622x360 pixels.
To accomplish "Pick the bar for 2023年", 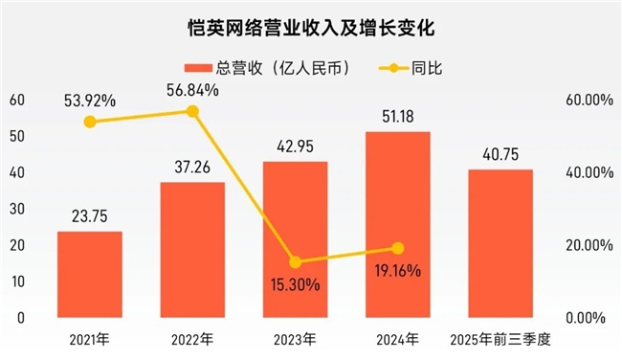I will point(295,239).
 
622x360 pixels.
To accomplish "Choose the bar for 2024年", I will point(398,224).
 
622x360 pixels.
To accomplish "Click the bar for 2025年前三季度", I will point(500,243).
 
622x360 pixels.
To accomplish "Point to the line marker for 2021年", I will point(89,122).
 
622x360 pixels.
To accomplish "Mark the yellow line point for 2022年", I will point(192,111).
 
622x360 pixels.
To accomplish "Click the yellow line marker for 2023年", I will point(295,261).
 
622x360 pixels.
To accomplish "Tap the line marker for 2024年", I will point(398,248).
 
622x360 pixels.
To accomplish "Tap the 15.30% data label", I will point(295,283).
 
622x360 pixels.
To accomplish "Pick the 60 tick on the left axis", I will point(17,100).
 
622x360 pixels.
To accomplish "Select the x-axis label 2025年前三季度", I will point(501,340).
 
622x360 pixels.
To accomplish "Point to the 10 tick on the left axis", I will point(17,281).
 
